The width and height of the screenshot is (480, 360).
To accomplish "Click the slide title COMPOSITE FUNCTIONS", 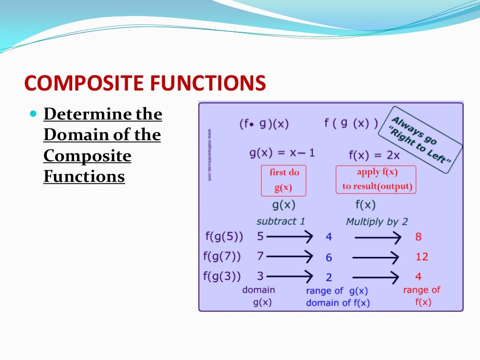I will coord(145,83).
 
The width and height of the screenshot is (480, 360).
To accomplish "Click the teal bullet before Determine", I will coord(33,114).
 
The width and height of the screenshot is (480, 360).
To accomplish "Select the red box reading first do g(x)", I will coord(284,180).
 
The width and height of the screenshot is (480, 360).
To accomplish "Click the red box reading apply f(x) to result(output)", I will coord(376,179).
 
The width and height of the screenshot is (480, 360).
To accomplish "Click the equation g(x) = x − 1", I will coord(282,153).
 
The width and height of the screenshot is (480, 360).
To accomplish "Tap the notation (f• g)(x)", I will coord(264,124).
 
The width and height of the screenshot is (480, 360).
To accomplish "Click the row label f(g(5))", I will coord(224,237).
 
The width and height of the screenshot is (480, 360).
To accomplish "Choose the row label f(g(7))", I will coord(222,256).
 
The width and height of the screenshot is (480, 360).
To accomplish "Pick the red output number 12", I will coord(421,257).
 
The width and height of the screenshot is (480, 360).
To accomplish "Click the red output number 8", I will coord(418,237).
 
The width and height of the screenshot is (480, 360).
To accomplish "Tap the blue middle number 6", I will coord(329,257).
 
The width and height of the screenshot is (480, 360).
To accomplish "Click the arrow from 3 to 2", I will coord(289,276).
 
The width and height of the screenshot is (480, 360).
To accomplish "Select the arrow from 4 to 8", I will coord(377,238).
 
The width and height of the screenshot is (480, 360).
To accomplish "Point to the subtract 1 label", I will coord(277,221).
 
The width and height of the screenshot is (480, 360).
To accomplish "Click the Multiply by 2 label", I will coord(376,221).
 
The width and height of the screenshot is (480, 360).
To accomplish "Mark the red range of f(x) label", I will coord(422,296).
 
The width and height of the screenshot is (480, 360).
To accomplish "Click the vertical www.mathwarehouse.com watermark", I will coord(210,155).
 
